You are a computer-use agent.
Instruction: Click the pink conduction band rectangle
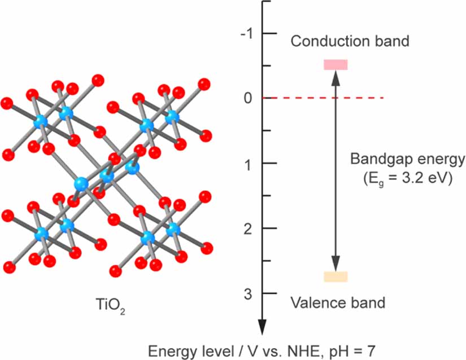click(x=335, y=64)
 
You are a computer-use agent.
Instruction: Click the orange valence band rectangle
click(x=335, y=276)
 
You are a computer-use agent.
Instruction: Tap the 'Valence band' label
click(x=338, y=302)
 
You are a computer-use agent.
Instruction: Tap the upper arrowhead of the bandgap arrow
click(x=336, y=77)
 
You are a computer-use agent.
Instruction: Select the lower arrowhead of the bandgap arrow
click(x=336, y=264)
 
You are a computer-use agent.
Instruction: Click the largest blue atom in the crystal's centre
click(x=82, y=184)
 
